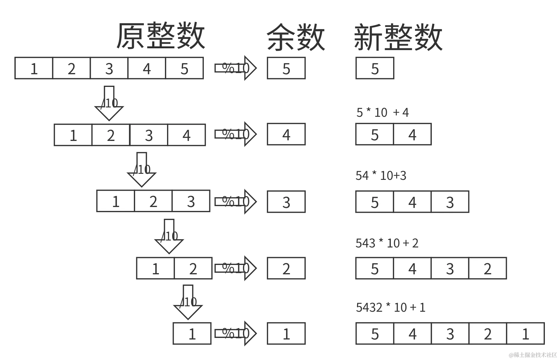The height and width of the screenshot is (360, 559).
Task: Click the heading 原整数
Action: click(160, 36)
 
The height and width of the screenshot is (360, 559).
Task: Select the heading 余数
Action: click(295, 37)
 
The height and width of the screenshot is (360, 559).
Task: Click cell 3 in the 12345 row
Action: click(109, 68)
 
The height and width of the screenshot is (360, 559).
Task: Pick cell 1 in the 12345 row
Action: click(34, 68)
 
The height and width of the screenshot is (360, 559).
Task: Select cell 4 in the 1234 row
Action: click(187, 135)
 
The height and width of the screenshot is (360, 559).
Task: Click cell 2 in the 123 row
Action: click(153, 201)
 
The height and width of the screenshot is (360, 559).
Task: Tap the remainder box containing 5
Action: click(286, 68)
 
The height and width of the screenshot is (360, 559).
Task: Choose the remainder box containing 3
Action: click(286, 202)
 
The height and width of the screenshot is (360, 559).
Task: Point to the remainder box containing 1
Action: click(286, 334)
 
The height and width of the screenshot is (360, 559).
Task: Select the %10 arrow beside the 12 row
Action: click(235, 268)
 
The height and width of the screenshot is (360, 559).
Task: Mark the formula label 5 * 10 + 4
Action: click(382, 113)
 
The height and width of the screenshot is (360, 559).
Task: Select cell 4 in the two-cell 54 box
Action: click(412, 135)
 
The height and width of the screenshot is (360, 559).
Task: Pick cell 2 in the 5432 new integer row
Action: click(488, 268)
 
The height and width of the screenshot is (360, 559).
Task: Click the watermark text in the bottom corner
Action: click(532, 354)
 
